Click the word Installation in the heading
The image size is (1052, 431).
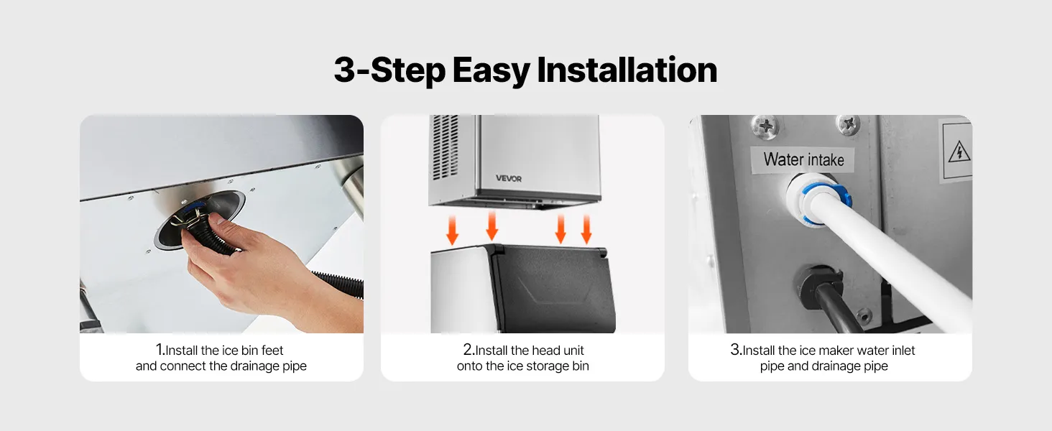[x=627, y=70]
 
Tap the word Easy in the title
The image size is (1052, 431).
[x=491, y=71]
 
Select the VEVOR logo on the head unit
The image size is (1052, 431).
[x=509, y=178]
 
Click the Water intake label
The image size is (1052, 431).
[x=803, y=159]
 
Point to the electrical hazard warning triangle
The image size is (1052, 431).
[x=959, y=152]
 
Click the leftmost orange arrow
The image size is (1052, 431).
[x=452, y=230]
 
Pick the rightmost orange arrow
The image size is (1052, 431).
[x=586, y=230]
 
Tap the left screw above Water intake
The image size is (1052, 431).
[x=765, y=126]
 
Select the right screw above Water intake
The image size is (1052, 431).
[x=848, y=124]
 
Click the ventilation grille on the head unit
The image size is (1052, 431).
[x=444, y=147]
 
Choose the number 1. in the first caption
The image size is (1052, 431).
[x=160, y=350]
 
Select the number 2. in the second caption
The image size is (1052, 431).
[x=469, y=350]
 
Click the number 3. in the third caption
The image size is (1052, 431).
[x=736, y=350]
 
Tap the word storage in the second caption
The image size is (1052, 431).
[x=547, y=366]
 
